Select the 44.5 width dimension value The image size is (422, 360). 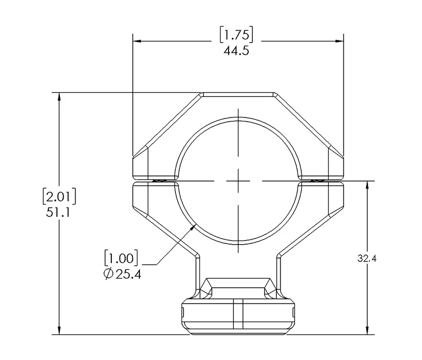pos(236,51)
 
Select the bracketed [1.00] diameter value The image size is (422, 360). pos(121,256)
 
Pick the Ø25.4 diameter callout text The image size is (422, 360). pos(122,274)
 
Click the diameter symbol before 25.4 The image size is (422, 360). pos(108,274)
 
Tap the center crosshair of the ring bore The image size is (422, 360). pos(238,181)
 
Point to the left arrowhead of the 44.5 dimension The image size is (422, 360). pos(136,41)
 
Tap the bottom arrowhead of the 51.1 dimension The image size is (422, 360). pos(59,331)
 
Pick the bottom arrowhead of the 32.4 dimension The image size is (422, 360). pos(367,331)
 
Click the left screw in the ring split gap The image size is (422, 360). pos(160,180)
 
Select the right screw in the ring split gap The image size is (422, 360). pos(316,180)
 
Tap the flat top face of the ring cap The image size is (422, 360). pos(238,94)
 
